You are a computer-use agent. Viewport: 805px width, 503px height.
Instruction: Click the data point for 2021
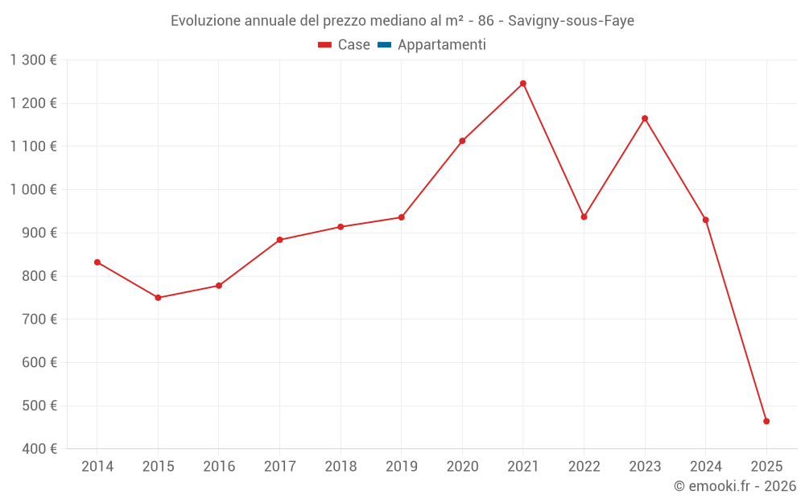click(523, 84)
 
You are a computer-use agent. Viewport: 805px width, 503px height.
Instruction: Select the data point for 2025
click(766, 421)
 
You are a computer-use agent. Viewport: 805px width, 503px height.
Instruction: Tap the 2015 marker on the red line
click(158, 298)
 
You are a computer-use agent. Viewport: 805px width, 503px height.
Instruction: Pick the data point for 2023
click(645, 118)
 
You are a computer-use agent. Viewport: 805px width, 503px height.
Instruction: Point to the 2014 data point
click(97, 262)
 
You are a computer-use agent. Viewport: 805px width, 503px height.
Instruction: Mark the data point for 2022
click(584, 216)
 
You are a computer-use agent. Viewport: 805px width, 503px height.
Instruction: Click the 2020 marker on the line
click(462, 141)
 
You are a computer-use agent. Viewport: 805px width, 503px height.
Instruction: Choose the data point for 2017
click(279, 240)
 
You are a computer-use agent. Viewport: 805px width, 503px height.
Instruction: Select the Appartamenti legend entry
click(441, 45)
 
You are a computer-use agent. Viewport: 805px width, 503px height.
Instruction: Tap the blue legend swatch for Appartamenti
click(384, 45)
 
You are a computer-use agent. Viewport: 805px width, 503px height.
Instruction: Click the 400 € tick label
click(38, 449)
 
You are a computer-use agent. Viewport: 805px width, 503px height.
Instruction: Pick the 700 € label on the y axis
click(38, 320)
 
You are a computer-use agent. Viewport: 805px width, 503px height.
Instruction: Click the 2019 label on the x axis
click(401, 467)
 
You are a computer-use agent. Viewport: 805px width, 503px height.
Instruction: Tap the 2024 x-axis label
click(705, 467)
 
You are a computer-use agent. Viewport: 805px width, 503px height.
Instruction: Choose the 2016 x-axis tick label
click(219, 467)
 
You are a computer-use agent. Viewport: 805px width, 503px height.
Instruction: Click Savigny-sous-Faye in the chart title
click(571, 21)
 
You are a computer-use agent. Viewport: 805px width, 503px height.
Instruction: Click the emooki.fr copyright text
click(735, 486)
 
